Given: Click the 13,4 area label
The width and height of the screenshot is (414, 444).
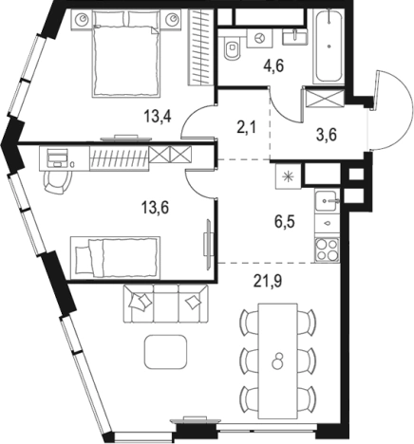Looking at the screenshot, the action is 158,116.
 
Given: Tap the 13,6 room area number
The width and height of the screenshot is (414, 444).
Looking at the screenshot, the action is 156,208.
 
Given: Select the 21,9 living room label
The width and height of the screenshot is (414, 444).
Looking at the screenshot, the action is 268,281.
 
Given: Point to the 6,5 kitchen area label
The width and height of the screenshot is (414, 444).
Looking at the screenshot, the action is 285,222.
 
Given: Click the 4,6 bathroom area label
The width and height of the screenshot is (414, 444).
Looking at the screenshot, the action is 273,66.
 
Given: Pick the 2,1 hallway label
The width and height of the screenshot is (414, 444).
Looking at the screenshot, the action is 246,128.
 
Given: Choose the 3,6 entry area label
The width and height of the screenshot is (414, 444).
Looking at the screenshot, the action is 327,135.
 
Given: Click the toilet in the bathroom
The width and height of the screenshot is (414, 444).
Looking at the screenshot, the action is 233,47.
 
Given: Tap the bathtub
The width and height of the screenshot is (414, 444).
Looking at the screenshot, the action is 329,46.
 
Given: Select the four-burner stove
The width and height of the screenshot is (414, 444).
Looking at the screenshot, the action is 328,250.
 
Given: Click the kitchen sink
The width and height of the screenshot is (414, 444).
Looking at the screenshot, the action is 328,200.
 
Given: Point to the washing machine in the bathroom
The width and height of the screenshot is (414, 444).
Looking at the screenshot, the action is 259,38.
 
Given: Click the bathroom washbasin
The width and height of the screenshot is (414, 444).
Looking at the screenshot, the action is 295,36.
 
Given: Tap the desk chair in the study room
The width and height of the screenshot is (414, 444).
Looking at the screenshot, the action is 57,183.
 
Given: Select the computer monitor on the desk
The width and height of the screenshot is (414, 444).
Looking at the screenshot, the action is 57,157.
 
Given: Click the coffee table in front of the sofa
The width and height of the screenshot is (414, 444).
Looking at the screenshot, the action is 165,352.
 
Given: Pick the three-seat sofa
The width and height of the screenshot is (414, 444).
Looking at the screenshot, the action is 166,304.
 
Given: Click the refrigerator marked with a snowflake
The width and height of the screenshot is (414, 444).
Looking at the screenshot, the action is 288,176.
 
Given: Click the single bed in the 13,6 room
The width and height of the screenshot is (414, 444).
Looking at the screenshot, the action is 115,258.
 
